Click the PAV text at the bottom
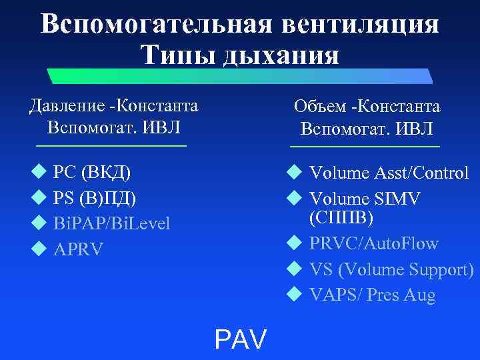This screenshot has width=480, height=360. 240,339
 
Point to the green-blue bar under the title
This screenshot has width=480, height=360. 240,77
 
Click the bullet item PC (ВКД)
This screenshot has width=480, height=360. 92,173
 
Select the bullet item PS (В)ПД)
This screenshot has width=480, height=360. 95,198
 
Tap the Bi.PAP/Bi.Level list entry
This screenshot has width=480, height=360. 111,223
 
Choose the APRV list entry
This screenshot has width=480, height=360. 78,249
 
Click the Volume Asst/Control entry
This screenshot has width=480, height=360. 389,173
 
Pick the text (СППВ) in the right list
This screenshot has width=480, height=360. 341,218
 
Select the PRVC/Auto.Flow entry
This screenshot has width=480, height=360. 373,243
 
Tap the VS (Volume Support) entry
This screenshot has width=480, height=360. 391,269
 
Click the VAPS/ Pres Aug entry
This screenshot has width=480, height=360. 372,295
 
